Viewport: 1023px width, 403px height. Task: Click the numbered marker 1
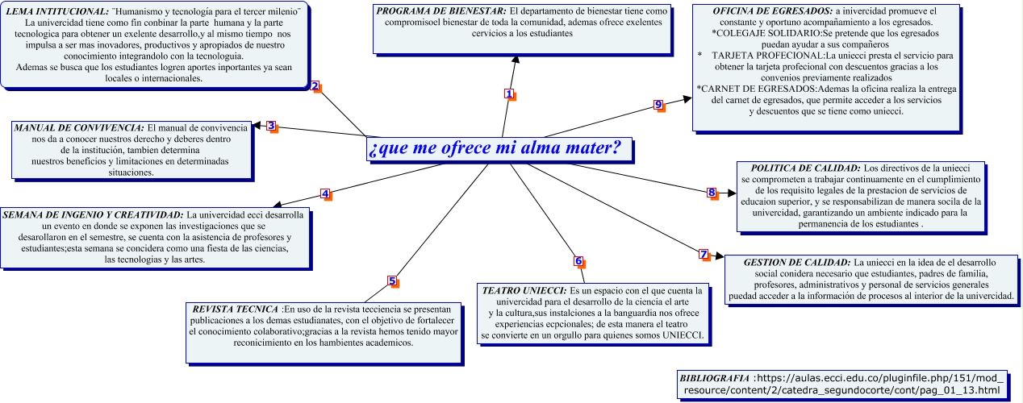509,93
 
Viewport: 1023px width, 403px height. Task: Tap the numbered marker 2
315,86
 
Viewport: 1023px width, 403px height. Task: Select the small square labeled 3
271,126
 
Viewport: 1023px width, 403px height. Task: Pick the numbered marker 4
325,193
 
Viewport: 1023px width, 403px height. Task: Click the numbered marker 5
392,281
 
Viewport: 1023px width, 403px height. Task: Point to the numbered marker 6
578,261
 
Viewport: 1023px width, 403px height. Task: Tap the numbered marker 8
712,193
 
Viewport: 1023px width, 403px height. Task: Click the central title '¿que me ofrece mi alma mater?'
494,149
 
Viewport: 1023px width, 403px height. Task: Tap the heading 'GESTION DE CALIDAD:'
796,263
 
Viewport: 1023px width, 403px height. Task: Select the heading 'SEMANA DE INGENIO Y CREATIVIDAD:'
93,215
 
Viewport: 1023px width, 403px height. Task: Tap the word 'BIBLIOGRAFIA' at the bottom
714,377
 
